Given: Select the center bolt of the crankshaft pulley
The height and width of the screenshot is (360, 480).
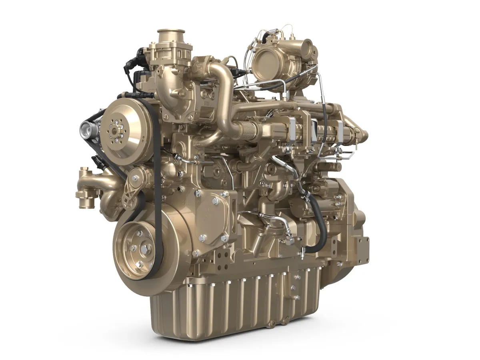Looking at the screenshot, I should (141, 248).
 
